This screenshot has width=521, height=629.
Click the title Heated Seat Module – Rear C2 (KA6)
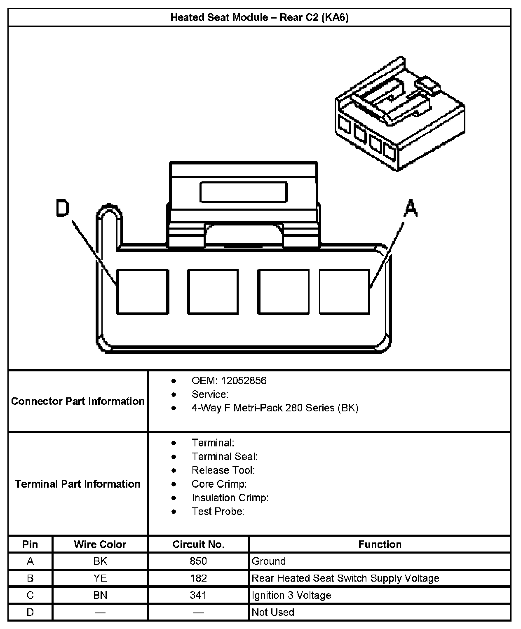[259, 17]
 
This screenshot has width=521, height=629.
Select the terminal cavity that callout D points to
[143, 292]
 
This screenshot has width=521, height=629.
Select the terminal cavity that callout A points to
[345, 292]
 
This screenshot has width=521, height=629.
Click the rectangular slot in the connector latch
[244, 192]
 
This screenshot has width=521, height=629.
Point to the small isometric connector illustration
[400, 115]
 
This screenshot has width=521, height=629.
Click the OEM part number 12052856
[243, 380]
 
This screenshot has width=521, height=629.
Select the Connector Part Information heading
[78, 401]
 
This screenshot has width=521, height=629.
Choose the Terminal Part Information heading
[78, 483]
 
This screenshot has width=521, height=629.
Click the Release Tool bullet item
[223, 470]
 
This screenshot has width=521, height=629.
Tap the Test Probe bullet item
[218, 511]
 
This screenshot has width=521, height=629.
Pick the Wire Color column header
[100, 544]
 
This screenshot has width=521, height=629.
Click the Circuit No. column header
[198, 544]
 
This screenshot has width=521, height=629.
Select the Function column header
[380, 544]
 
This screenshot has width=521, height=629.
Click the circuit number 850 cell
[198, 561]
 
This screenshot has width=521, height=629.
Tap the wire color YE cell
[100, 578]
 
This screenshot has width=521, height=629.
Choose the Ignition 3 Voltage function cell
[291, 595]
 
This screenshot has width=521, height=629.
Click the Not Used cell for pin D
[273, 612]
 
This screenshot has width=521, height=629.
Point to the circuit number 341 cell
[198, 595]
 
